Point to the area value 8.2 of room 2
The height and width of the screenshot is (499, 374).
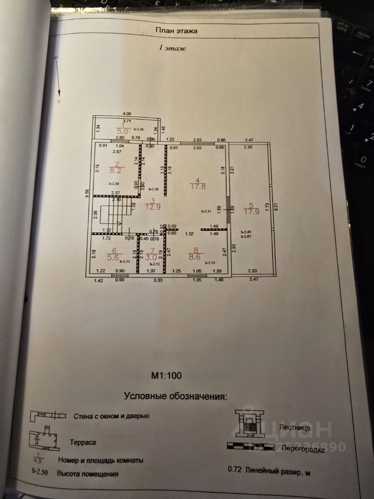[x=115, y=169]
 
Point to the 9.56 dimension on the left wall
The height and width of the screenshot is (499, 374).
[x=87, y=198]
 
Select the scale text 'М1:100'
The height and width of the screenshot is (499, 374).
[x=166, y=374]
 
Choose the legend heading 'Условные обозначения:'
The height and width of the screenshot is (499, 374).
[x=176, y=396]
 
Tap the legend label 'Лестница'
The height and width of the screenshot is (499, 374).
[x=295, y=427]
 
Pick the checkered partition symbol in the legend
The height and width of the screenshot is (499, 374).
[x=251, y=445]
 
